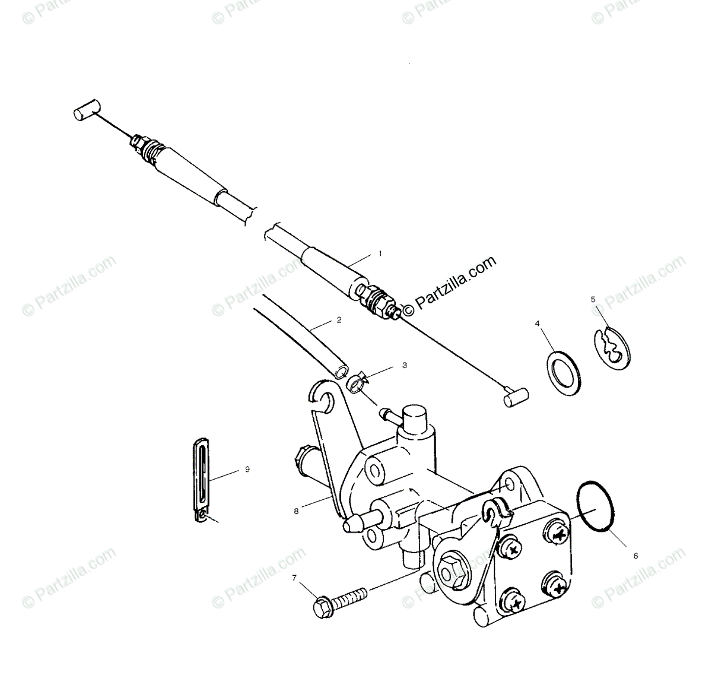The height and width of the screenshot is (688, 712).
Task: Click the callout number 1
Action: click(380, 253)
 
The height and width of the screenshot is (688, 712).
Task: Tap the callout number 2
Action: click(339, 320)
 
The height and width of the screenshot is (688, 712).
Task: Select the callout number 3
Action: click(405, 366)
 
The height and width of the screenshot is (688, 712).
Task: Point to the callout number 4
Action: click(538, 324)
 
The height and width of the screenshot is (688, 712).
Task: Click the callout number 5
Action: click(593, 299)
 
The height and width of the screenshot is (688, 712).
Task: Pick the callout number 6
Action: click(635, 556)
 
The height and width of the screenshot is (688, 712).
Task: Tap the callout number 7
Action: click(294, 577)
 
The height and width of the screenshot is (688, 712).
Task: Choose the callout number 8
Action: click(296, 509)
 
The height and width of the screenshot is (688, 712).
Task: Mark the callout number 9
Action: click(247, 469)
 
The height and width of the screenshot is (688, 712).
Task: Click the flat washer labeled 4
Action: click(563, 373)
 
